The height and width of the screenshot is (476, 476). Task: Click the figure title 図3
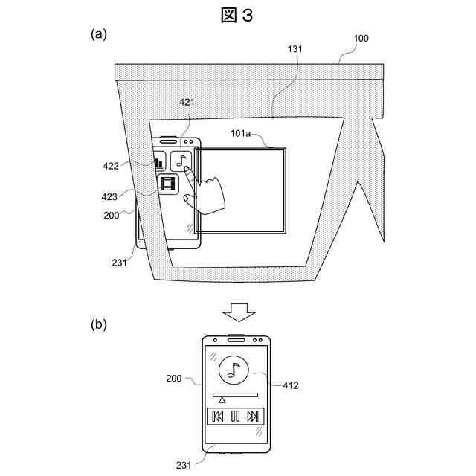[237, 15]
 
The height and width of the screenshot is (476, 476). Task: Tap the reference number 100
[360, 37]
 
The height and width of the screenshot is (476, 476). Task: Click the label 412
[291, 385]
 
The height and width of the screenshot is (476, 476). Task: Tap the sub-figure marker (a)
[99, 34]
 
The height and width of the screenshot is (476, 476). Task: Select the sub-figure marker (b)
[99, 324]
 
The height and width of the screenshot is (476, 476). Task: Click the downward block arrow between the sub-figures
[238, 311]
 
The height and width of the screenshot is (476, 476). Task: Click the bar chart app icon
[158, 161]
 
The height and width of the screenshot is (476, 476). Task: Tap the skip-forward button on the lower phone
[253, 416]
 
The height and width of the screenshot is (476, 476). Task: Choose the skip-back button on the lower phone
[218, 416]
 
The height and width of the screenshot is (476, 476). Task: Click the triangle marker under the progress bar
[222, 400]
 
